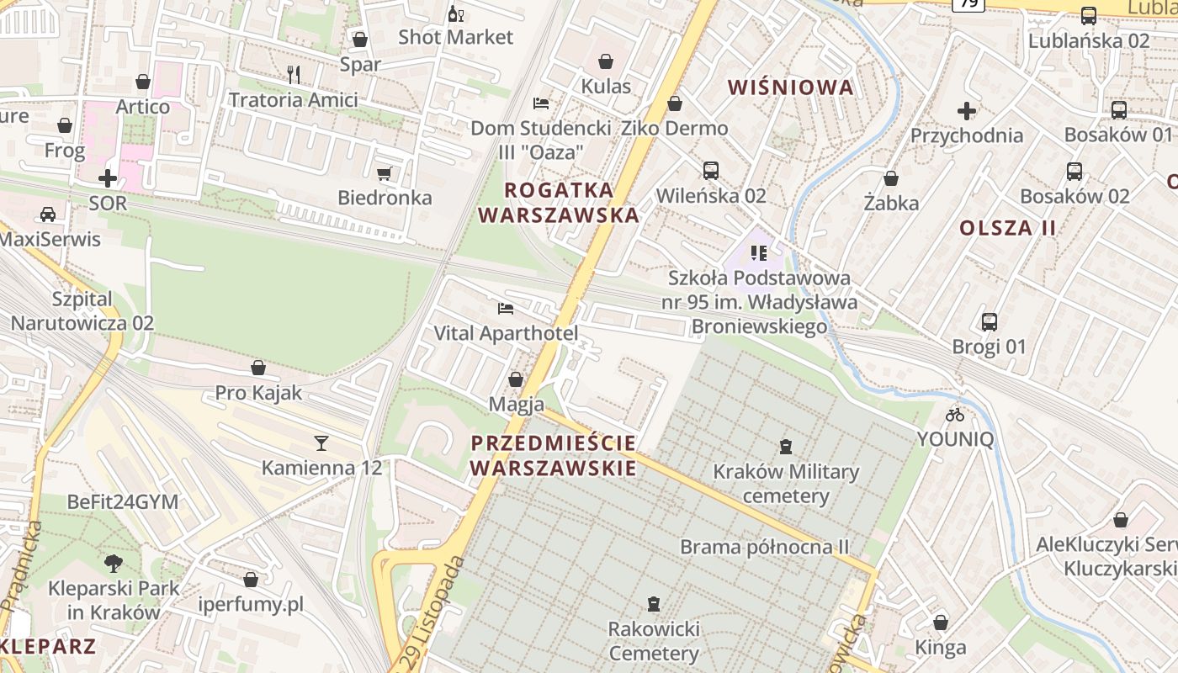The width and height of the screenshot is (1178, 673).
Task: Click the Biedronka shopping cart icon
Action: pos(385,174)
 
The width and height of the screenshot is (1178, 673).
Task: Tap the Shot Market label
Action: pos(455,37)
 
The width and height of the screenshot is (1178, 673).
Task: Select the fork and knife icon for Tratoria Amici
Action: pos(294,75)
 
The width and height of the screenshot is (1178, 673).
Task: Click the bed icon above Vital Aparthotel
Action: pos(506,309)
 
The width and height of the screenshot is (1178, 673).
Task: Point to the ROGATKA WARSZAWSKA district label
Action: pos(559,202)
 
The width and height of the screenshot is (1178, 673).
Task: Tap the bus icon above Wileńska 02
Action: pos(711,171)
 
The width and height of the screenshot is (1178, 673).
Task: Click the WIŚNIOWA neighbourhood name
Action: pos(790,87)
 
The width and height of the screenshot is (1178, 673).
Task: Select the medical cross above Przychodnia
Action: pos(967,110)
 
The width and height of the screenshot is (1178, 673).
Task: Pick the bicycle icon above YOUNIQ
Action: pos(955,414)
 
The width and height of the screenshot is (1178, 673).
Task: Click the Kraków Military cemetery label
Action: pos(786,484)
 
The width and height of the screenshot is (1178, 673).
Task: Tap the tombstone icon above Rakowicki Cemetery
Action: pos(653,603)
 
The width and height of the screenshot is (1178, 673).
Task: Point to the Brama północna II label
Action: pos(765,548)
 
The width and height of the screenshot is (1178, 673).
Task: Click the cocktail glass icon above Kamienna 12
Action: pos(321,442)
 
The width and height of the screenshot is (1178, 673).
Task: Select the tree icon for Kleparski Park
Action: pos(113,564)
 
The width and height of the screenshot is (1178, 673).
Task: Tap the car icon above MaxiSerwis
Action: pos(48,215)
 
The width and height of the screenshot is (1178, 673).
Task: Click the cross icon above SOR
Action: pos(108,178)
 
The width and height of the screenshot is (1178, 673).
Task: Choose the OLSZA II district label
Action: pos(1007,228)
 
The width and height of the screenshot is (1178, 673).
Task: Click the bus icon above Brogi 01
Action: pos(990,321)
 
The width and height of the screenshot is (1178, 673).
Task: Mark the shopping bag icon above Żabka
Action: pos(890,178)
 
